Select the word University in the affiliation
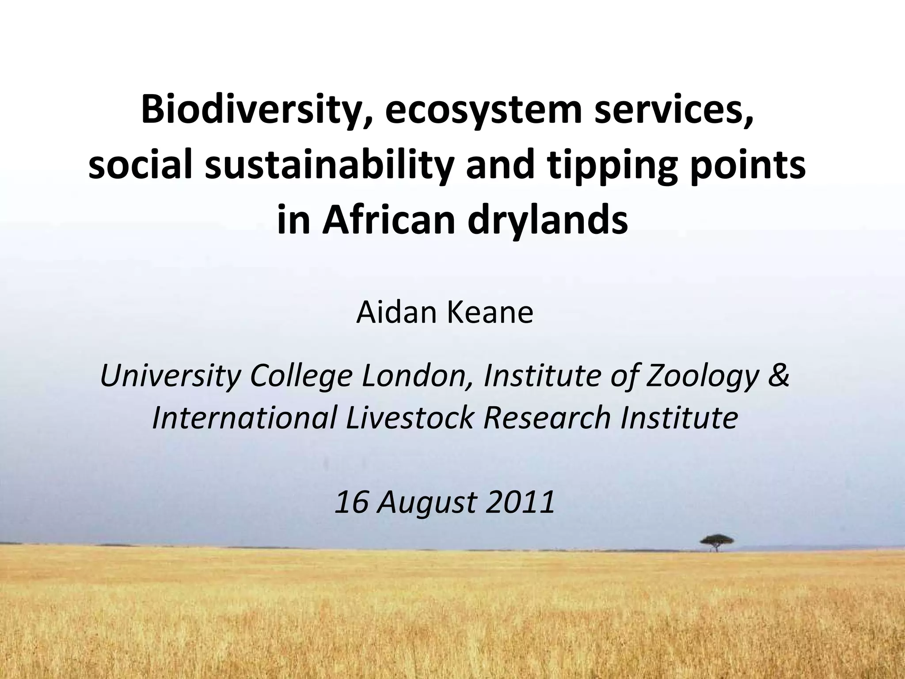point(170,376)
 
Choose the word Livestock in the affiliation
point(409,417)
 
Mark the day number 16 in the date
point(352,502)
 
